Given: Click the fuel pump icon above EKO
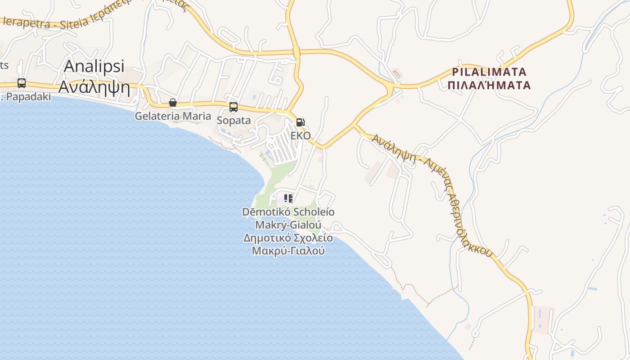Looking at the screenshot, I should coord(300,122).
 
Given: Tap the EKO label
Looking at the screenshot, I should coord(301,135).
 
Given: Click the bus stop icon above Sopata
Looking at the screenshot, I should coord(234,107).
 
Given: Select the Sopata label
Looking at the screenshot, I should coord(234,120).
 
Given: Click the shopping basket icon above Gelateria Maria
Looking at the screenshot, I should coord(173,103).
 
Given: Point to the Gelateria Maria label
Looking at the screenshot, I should coord(173,116).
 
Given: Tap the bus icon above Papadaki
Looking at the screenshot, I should coord(21,83).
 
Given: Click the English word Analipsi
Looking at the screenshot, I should coord(94,66).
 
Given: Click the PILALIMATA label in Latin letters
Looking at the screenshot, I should coord(489,72).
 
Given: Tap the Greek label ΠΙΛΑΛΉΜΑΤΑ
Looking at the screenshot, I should coord(490,85).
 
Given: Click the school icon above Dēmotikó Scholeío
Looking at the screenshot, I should coord(288,198).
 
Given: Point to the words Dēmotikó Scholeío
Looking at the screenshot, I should coord(288,211).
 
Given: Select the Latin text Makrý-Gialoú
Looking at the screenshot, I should coord(288,224).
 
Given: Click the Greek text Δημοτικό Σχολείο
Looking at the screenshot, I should coord(288,238).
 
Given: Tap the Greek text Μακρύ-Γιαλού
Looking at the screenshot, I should coord(288,251).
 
